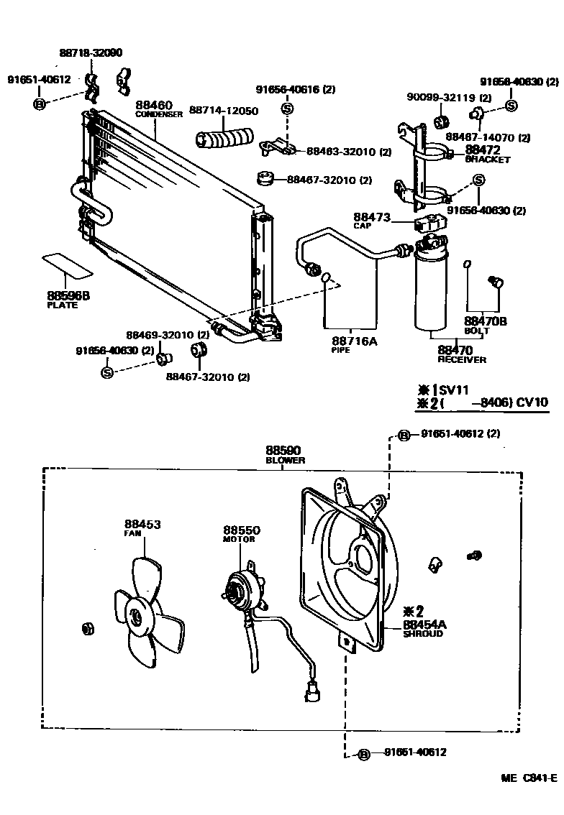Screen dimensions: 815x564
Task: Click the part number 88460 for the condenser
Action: coord(154,105)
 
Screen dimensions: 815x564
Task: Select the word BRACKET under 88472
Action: coord(487,160)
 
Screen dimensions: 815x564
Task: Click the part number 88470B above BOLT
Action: coord(486,321)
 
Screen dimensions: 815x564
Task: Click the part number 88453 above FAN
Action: coord(142,524)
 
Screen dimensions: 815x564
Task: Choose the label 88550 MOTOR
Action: coord(241,533)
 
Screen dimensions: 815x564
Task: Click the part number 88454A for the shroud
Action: coord(424,625)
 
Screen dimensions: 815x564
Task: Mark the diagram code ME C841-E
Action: coord(529,778)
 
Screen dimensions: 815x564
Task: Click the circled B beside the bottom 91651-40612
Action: coord(363,754)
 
